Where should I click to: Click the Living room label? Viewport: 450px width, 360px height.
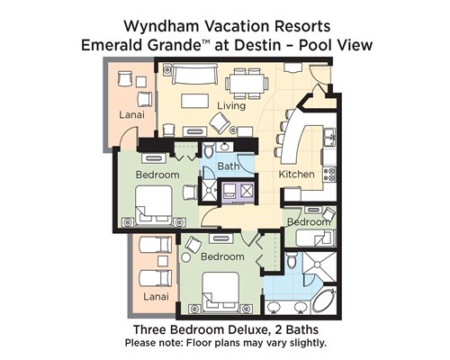coord(231,106)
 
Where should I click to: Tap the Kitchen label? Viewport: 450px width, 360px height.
coord(296,175)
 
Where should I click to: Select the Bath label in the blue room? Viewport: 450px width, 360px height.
coord(229,166)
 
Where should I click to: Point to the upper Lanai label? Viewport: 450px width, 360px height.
coord(131,114)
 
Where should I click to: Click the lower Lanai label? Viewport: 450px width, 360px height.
coord(156,297)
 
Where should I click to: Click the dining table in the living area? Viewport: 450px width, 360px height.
coord(247,83)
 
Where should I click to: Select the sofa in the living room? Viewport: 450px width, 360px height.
coord(194,74)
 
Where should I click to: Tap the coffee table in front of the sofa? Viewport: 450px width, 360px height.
coord(195,101)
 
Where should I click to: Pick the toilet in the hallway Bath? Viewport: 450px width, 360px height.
coord(209,149)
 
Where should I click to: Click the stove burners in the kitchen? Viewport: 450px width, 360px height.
coord(329,175)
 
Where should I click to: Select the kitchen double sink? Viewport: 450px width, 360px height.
coord(329,137)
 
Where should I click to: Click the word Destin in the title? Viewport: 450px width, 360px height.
coord(257,45)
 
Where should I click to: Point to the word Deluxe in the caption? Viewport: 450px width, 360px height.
coord(247,329)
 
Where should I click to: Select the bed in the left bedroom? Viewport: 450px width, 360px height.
coord(154,205)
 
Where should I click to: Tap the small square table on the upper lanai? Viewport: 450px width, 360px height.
coord(141,82)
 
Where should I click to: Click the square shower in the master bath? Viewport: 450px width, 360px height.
coord(319,265)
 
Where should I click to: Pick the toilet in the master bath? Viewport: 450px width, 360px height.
coord(291,260)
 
